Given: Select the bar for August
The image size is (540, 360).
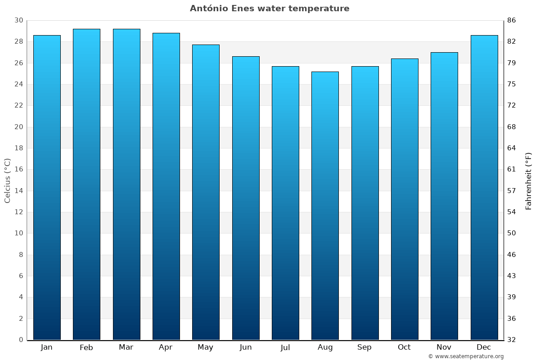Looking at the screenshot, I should (x=325, y=206).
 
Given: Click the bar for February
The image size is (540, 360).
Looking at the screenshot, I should (x=86, y=184).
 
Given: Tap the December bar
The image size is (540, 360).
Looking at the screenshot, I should (x=484, y=187).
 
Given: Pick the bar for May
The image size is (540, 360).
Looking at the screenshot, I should (x=206, y=192).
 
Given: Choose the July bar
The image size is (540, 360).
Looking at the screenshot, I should (x=285, y=203).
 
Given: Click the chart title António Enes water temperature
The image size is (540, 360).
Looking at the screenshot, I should (x=270, y=9).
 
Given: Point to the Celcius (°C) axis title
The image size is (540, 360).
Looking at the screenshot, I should (x=7, y=180).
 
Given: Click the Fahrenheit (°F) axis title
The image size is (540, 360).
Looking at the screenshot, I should (x=529, y=180).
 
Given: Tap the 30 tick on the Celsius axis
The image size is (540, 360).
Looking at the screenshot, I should (x=18, y=21).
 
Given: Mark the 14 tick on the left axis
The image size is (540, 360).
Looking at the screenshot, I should (x=18, y=191).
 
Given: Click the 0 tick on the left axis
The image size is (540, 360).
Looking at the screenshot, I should (x=21, y=340).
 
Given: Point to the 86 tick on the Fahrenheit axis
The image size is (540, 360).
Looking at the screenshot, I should (x=512, y=21).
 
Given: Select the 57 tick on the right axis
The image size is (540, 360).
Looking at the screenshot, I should (x=512, y=191).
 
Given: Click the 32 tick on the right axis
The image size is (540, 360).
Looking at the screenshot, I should (x=512, y=340).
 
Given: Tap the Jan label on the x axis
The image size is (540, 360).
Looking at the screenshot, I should (x=46, y=347).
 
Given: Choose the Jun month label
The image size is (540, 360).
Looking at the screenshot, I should (x=246, y=347).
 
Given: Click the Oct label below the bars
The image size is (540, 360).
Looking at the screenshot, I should (x=404, y=347).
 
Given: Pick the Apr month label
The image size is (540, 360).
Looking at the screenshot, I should (x=166, y=347).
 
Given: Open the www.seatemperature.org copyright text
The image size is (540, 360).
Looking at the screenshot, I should (x=466, y=356).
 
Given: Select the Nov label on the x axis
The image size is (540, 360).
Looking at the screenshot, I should (x=444, y=347).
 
